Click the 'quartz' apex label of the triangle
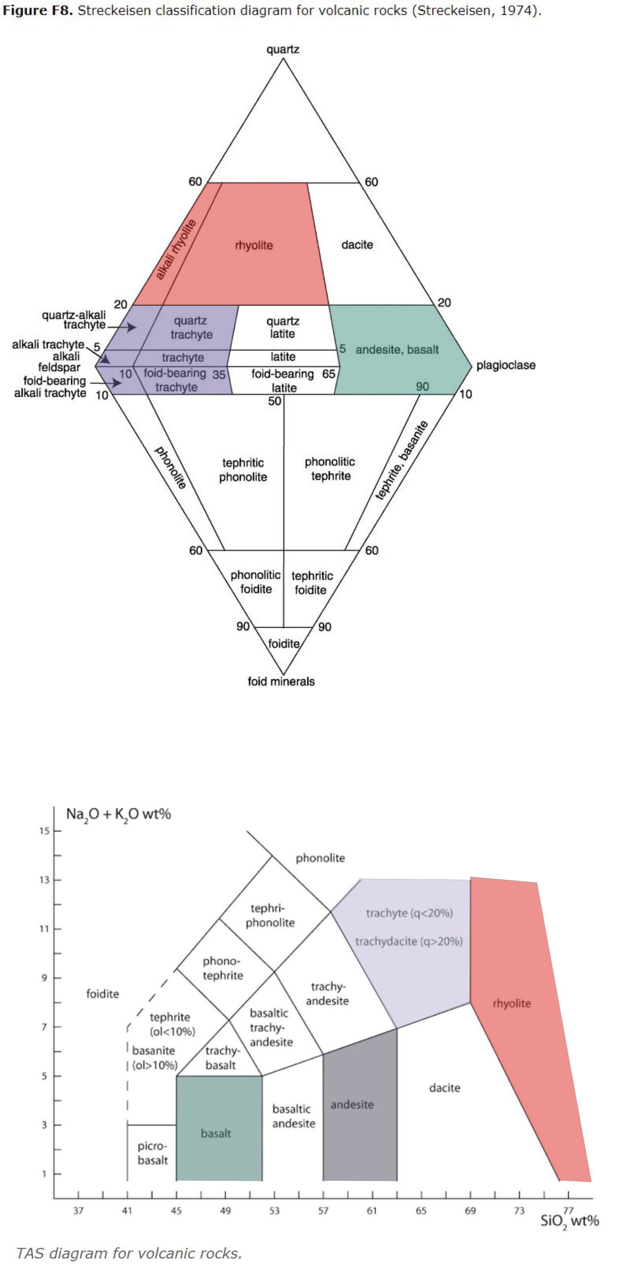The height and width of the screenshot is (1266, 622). coord(283,50)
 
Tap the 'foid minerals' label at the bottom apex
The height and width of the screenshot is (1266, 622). coord(281,681)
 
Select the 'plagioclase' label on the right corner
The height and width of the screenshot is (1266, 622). coord(505,365)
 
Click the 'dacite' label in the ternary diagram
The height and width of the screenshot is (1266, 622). coord(357,245)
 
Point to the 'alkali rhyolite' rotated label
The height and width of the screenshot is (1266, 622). coord(175,249)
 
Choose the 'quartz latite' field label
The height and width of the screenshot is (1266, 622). coord(283,327)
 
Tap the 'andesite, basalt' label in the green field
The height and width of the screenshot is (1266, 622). coord(397,350)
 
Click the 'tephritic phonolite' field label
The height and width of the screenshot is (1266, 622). coord(243,470)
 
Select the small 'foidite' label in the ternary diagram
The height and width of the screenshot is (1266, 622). coord(284,644)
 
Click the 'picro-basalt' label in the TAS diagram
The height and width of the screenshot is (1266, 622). coord(153,1154)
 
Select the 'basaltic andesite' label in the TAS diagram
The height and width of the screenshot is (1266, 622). coord(294,1116)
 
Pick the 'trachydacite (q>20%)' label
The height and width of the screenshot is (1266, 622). coord(409,941)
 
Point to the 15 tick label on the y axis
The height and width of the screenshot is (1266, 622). coord(44,831)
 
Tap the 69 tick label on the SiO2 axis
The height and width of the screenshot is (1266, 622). coord(470,1211)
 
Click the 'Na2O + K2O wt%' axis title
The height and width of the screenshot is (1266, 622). coord(119,815)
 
